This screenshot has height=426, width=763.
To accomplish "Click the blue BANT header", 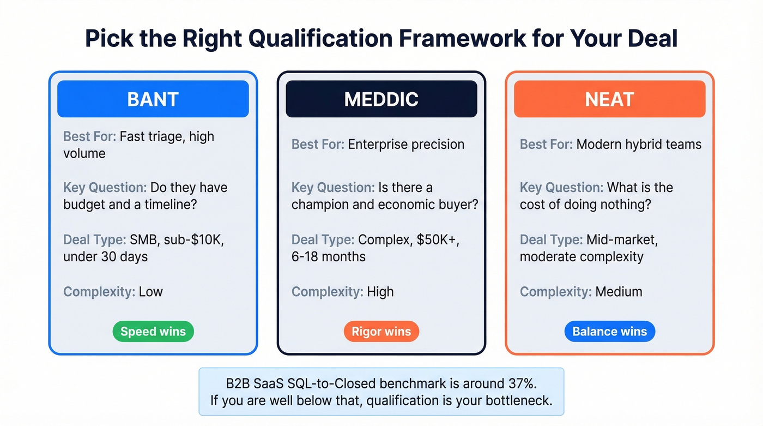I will pos(153,99).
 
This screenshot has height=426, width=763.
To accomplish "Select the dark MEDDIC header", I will pos(381,99).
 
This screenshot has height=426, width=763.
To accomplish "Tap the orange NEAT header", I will pos(609,99).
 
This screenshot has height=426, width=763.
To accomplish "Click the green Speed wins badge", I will pos(153,331).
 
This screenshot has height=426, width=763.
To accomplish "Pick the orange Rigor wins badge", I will pos(381,331).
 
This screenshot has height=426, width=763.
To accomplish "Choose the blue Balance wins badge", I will pos(609,331).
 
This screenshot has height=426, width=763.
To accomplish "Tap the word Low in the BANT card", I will pos(150,291).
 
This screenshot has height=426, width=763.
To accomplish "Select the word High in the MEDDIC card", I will pos(380,291).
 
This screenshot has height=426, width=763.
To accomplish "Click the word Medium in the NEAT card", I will pos(619,291).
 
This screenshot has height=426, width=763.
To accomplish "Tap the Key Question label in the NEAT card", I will pos(561,188).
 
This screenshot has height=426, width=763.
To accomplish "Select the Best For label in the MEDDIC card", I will pos(318,145).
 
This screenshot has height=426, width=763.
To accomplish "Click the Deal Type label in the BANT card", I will pos(94,239).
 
